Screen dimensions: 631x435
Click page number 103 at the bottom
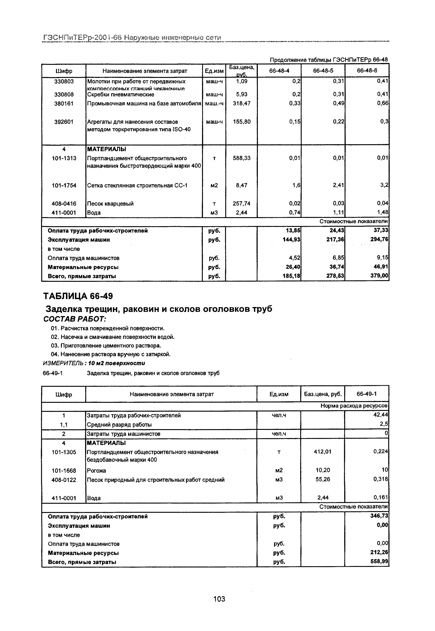[x=219, y=599]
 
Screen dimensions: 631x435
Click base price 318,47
[x=241, y=104]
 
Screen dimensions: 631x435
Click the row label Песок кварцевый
[x=110, y=204]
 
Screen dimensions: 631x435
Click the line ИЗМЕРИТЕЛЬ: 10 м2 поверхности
[x=94, y=363]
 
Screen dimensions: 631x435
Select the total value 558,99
[x=380, y=562]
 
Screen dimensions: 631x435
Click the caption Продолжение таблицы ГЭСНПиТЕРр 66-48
[x=328, y=60]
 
